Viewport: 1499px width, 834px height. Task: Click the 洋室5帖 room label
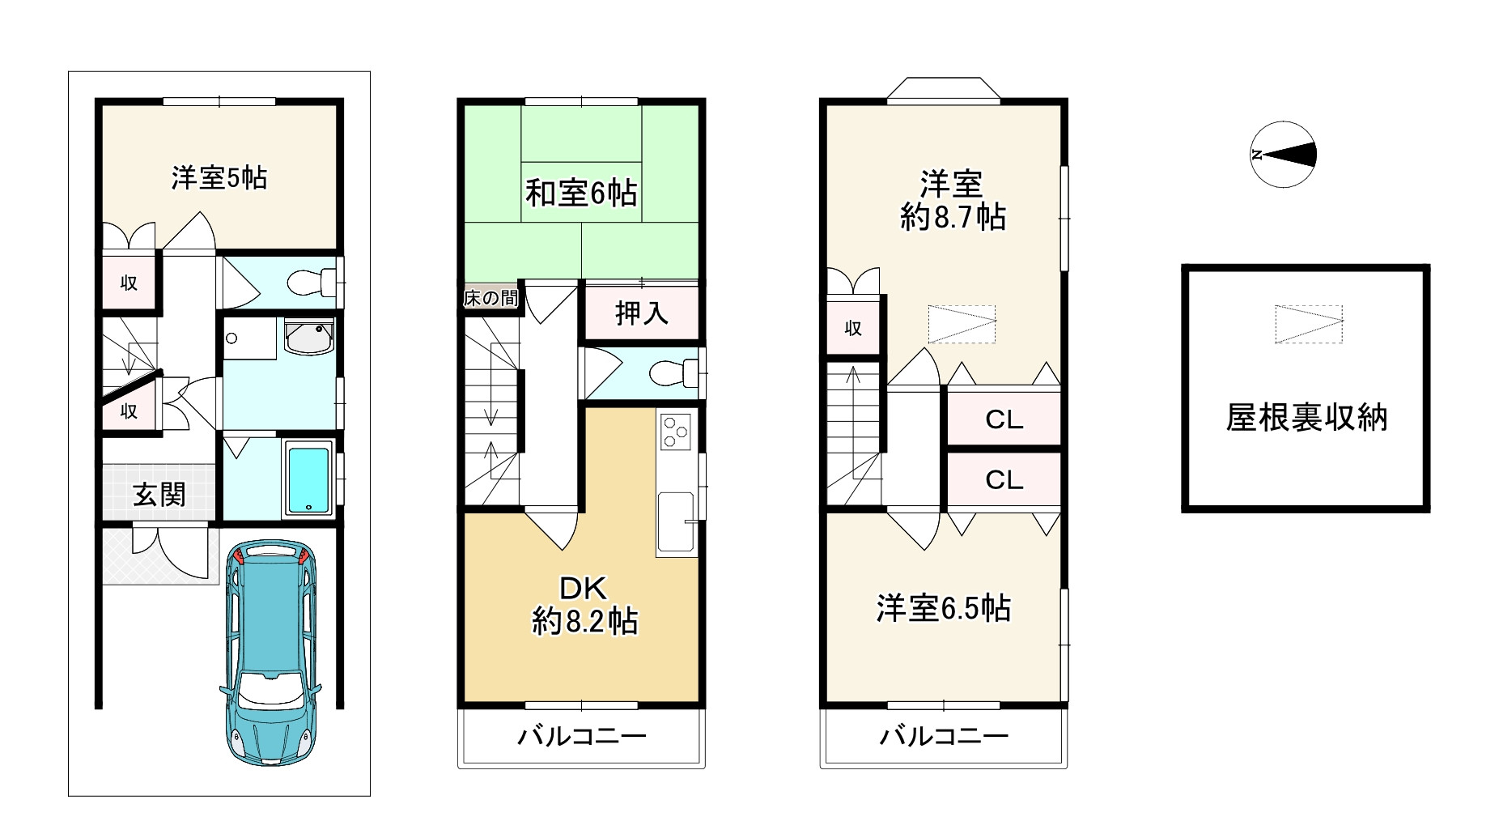[x=219, y=177]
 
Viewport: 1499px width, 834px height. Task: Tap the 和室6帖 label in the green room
[x=580, y=194]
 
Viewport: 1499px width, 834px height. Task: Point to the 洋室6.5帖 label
[x=943, y=608]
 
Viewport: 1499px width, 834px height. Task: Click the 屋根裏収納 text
[x=1306, y=418]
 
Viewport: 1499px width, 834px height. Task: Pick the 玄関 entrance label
[x=159, y=494]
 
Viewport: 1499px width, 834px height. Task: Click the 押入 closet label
[x=641, y=313]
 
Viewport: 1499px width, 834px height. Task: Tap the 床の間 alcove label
[x=490, y=298]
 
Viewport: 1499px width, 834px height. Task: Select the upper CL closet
[x=1004, y=419]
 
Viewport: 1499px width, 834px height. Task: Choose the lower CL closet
[x=1004, y=480]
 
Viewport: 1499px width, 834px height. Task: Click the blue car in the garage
[x=270, y=652]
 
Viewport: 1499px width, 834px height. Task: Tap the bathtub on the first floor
[x=308, y=479]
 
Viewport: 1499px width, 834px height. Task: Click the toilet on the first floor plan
[x=310, y=283]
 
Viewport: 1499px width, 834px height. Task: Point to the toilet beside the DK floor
[x=673, y=373]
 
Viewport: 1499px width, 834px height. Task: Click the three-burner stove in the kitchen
[x=676, y=431]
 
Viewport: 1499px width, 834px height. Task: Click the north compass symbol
[x=1283, y=155]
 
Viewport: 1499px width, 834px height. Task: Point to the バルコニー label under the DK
[x=581, y=736]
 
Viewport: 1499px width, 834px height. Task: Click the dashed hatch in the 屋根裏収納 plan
[x=1308, y=324]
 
